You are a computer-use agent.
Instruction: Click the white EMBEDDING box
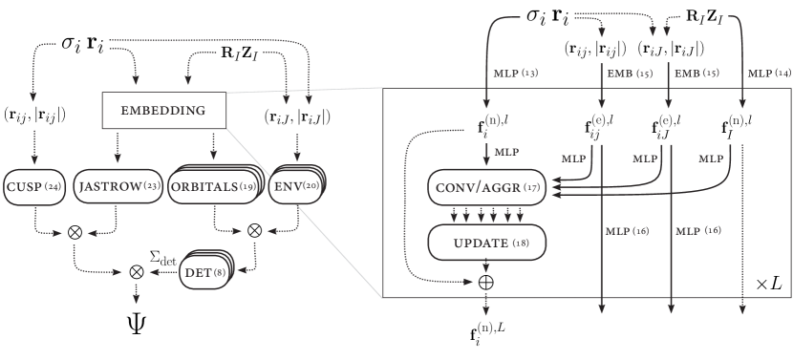point(163,111)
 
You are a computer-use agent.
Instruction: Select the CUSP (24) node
point(33,186)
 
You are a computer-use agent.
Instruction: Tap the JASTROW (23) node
point(118,186)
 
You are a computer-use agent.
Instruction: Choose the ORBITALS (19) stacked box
point(212,186)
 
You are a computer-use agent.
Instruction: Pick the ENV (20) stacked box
point(295,185)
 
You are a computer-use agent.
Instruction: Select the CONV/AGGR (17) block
point(487,187)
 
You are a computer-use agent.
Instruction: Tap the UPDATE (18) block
point(486,243)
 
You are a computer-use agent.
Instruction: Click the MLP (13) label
point(515,74)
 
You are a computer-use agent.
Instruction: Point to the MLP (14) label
point(769,74)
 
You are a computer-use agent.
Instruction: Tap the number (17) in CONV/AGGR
point(532,188)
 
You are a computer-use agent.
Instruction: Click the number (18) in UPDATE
point(524,244)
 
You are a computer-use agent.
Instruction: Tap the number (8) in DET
point(221,273)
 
